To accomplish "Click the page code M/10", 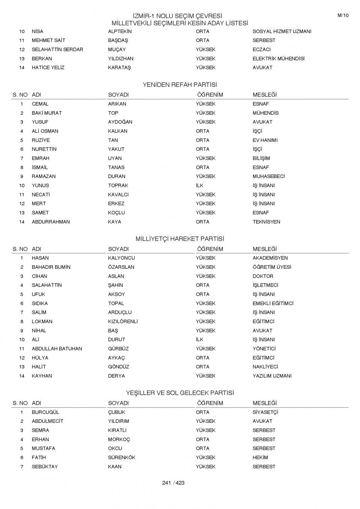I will [343, 15].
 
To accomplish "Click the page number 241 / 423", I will [173, 483].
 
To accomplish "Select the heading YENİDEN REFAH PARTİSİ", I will [180, 85].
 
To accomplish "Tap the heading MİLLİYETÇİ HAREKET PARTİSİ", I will [180, 239].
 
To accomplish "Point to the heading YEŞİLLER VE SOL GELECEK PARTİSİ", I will [180, 393].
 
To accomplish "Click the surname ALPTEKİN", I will [120, 31].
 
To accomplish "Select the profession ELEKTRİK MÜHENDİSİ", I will [278, 58].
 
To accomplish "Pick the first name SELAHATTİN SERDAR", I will [57, 49].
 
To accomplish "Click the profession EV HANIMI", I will [265, 140].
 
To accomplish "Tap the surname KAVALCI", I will [118, 195].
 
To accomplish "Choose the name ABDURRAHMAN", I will [51, 222].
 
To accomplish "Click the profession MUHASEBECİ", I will [268, 176].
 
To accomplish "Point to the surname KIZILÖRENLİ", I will [123, 322].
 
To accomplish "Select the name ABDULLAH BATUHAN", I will [57, 349].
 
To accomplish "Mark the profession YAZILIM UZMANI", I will [272, 376].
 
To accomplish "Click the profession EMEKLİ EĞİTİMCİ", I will [273, 303].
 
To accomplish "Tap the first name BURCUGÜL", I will [45, 412].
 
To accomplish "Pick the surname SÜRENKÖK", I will [121, 457].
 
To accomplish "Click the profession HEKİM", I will [260, 457].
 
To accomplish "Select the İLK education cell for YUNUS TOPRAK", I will [199, 186].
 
